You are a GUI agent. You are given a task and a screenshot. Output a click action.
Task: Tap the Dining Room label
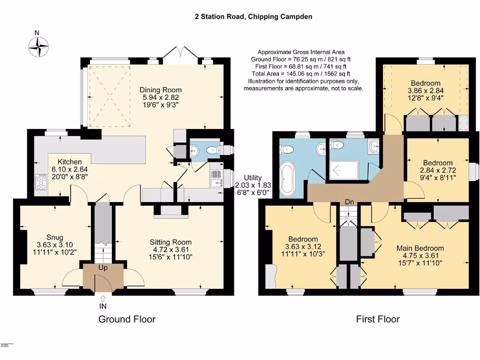coord(160,90)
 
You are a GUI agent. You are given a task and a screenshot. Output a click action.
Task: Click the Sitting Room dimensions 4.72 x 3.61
coord(171,249)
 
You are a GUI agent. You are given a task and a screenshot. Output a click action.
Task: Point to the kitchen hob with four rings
coord(41,181)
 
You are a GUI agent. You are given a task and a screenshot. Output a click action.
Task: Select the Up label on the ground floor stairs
coord(103,268)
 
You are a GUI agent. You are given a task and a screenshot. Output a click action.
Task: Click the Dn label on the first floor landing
coord(349,202)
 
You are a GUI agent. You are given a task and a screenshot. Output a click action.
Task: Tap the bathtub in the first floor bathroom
coord(287,179)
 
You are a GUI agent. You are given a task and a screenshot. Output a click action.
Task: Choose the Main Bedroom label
coord(420,248)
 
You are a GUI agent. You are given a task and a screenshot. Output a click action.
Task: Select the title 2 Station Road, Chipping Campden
coord(254,16)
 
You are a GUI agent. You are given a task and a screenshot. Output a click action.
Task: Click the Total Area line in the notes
coord(301,74)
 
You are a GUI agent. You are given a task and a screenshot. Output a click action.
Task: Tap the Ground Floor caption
coord(127,319)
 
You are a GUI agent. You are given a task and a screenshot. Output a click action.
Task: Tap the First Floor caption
coord(378,319)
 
